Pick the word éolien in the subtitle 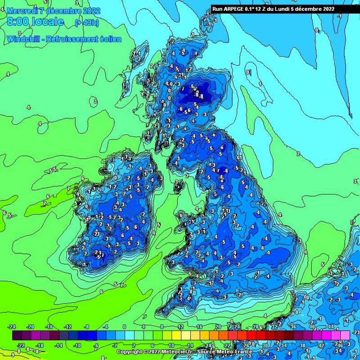coord(111,39)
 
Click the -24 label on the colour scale coord(12,327)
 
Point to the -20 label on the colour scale coord(31,327)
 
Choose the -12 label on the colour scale coord(69,327)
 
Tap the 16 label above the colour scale coord(199,327)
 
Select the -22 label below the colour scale coord(21,345)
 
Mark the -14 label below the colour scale coord(59,345)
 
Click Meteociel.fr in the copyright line coord(174,351)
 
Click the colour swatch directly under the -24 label coord(17,335)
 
